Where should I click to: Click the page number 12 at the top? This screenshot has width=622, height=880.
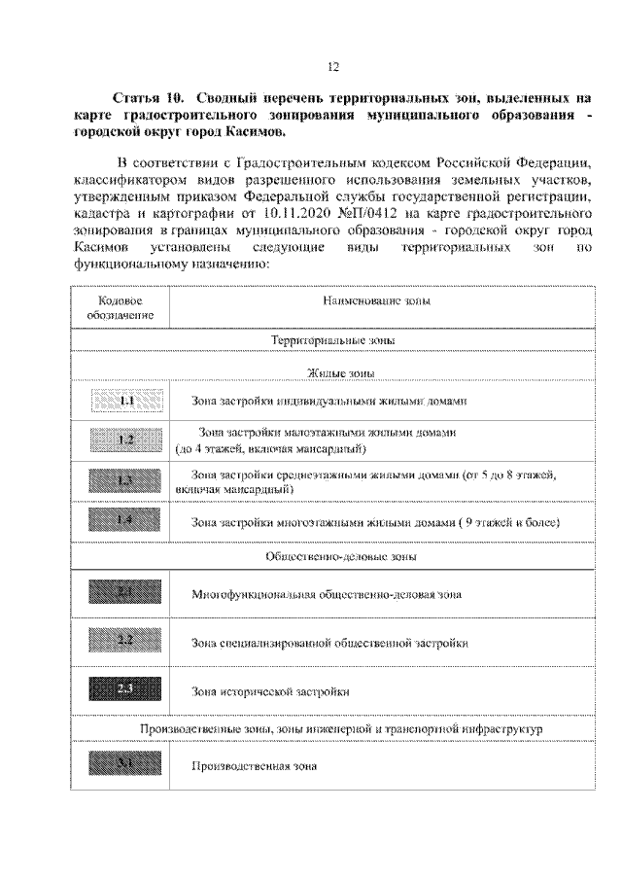coord(332,66)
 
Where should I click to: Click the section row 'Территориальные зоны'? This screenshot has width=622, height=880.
coord(332,341)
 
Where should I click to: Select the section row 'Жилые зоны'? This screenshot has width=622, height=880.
coord(332,373)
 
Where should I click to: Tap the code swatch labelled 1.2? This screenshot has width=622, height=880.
coord(125,441)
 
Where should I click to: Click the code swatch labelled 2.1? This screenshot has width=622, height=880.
coord(125,592)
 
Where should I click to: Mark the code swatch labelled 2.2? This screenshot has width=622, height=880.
coord(125,641)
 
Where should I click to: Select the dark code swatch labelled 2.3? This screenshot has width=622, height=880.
coord(125,690)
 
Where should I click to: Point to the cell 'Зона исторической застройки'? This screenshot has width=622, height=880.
coord(269,691)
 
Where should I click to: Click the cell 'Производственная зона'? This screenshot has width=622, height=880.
coord(255,765)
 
